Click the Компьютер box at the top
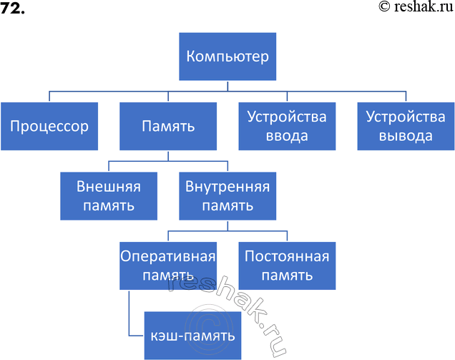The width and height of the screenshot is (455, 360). (x=227, y=56)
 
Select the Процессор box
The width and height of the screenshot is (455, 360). (x=49, y=127)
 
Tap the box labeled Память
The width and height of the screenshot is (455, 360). (x=168, y=127)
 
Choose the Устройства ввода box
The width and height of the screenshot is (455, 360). (x=287, y=127)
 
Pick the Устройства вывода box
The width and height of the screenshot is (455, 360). (x=406, y=127)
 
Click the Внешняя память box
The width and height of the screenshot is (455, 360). (x=108, y=197)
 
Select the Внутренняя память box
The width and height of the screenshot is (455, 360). (x=227, y=197)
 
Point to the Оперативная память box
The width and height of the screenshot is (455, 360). (x=168, y=266)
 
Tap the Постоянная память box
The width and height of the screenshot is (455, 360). (x=287, y=266)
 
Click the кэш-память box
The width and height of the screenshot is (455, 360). (x=192, y=334)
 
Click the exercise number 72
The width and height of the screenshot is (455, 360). (x=12, y=8)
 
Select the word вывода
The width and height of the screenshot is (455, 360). (x=406, y=136)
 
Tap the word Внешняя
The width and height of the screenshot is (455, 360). (x=108, y=188)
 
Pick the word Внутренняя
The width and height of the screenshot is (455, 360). (x=227, y=188)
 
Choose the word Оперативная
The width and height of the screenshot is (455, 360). (x=168, y=256)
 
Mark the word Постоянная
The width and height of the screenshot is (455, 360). (x=287, y=256)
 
